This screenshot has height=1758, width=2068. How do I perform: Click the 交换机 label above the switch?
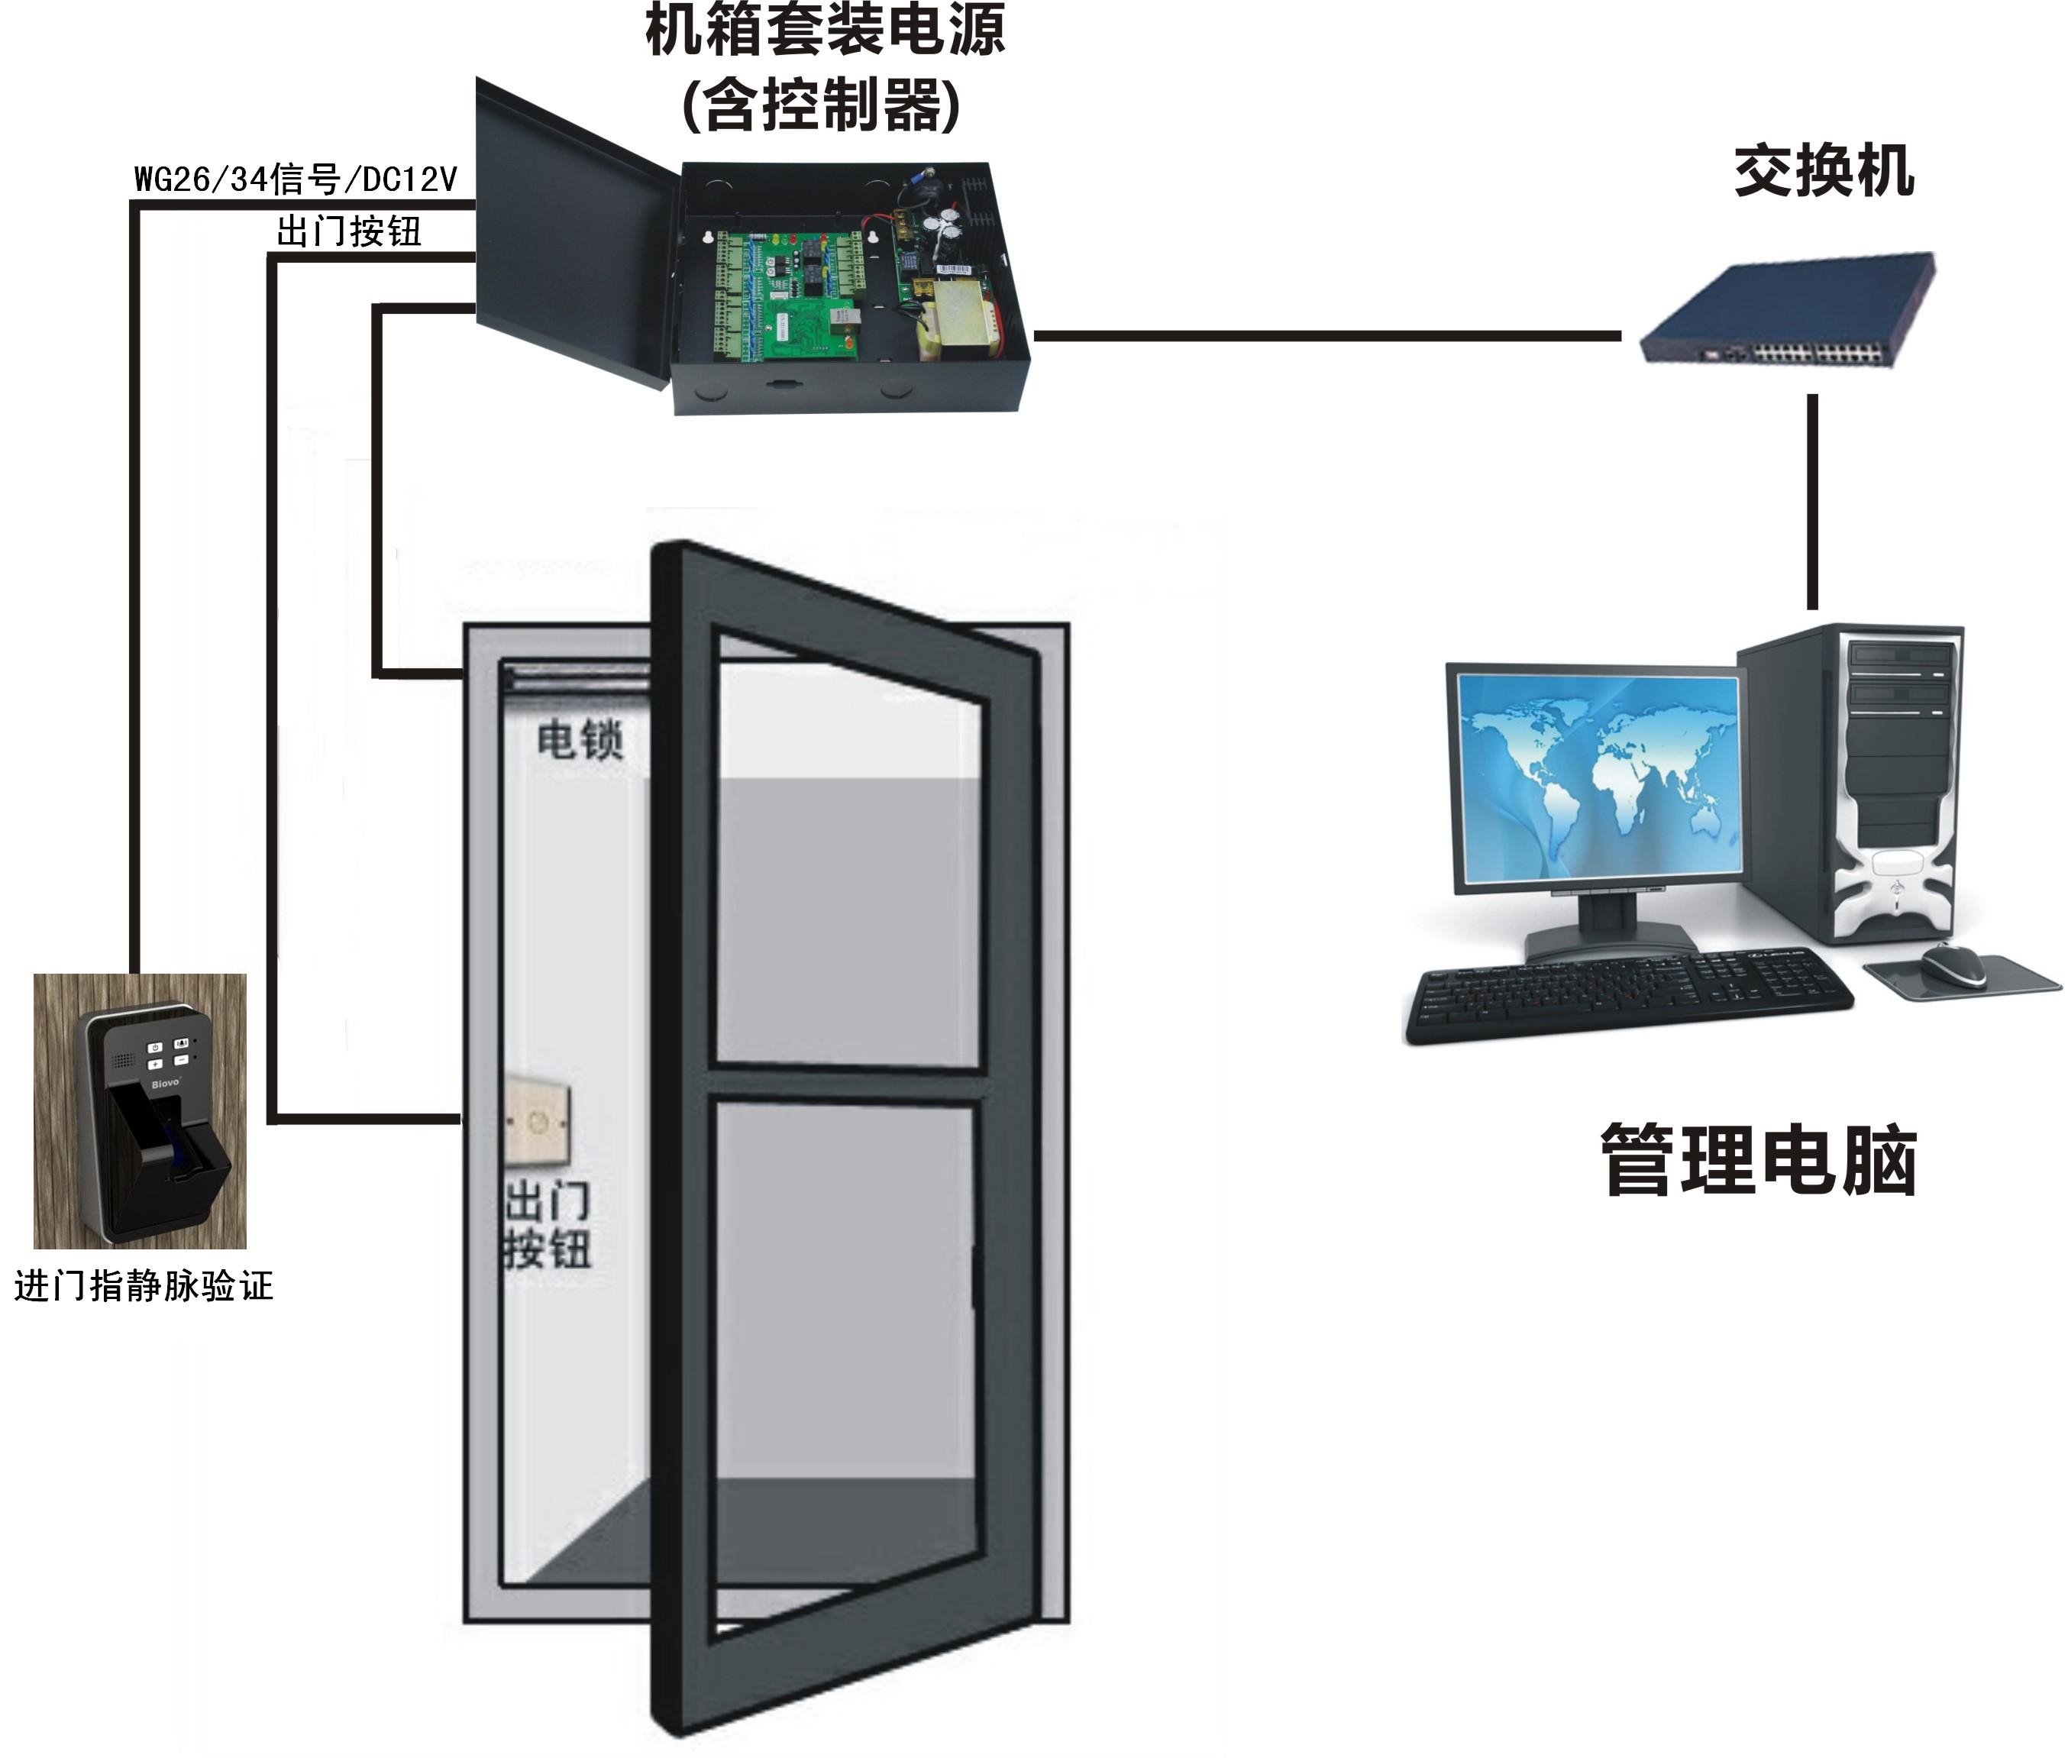tap(1823, 170)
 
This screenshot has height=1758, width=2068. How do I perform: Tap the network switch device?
tap(1787, 309)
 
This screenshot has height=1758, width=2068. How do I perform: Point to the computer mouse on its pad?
tap(1953, 964)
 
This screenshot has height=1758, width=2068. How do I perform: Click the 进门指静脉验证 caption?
tap(144, 1285)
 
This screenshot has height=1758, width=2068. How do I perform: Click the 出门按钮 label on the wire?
tap(349, 231)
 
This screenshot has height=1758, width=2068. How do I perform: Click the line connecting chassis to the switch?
tap(1326, 336)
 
